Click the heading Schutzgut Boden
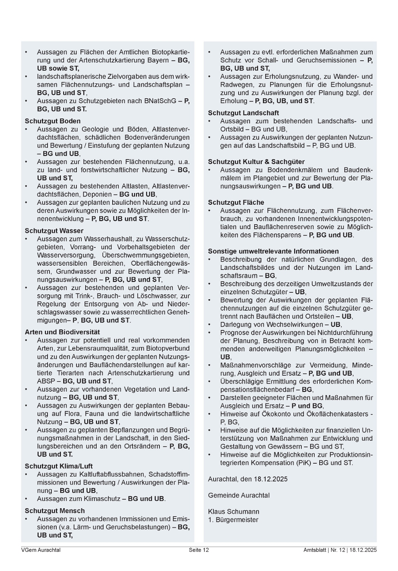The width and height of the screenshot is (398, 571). (x=53, y=121)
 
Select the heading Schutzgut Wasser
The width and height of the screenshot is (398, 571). (x=54, y=231)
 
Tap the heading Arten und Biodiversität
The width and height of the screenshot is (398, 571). (x=62, y=332)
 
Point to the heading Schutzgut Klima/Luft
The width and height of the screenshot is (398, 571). (x=59, y=466)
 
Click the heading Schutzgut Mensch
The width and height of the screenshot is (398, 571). (x=55, y=511)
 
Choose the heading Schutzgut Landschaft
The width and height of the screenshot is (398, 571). (x=243, y=113)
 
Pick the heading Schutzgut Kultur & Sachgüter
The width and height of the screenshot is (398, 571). (x=256, y=162)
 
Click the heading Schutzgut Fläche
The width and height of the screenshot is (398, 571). (x=236, y=203)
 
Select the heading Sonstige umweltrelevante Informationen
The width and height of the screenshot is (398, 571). (x=273, y=251)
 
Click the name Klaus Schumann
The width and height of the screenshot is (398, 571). (x=233, y=512)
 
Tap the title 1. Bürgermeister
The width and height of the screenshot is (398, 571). (x=233, y=520)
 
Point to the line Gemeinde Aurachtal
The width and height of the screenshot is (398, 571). (x=239, y=495)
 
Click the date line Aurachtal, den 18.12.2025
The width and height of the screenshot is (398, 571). (x=248, y=479)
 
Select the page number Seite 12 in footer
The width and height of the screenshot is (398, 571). (x=199, y=550)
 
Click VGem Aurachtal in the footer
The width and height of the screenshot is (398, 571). (x=41, y=550)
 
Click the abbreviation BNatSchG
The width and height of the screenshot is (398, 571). (x=158, y=101)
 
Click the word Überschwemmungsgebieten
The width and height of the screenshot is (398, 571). (x=146, y=255)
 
